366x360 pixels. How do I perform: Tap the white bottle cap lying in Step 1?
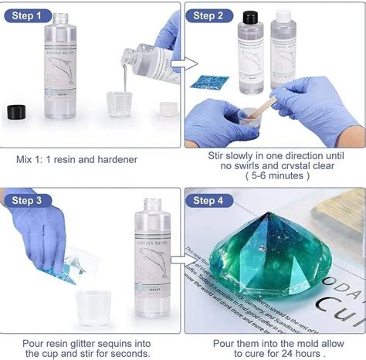click(x=168, y=108)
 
